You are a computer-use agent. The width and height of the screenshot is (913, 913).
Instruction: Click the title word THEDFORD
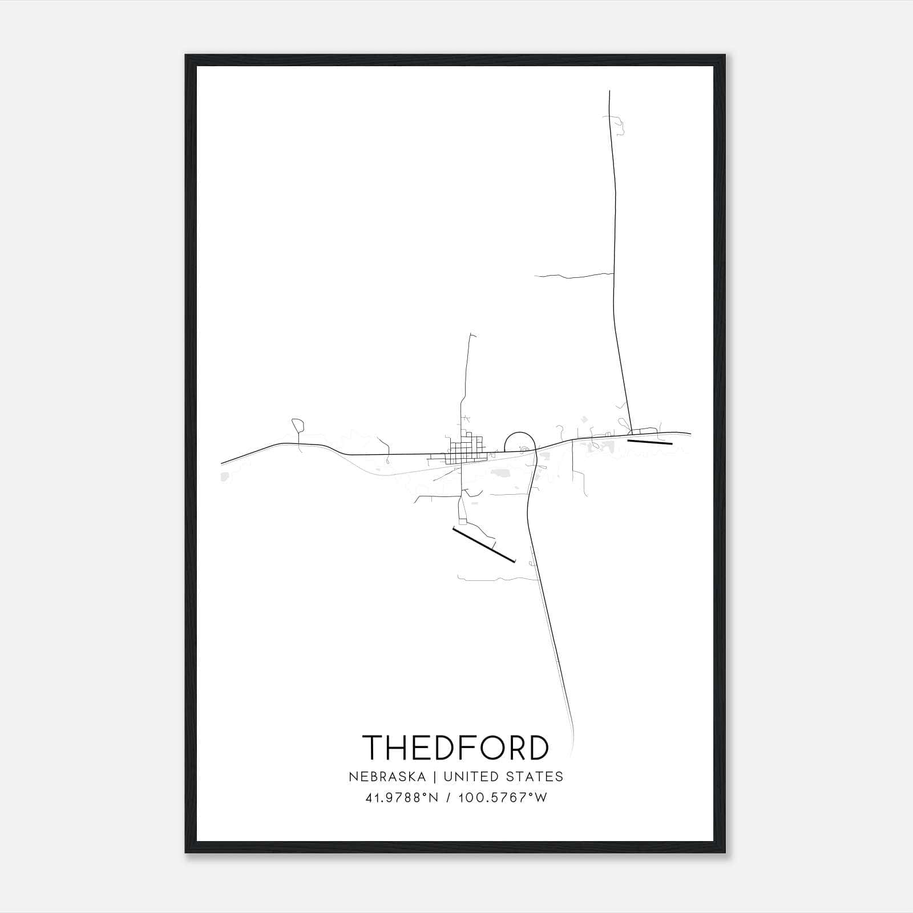455,748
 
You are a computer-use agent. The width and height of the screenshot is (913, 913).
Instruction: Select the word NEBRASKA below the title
387,777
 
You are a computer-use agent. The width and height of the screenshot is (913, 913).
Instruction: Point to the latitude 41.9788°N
402,798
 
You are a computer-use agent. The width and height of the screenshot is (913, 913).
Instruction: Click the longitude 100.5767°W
503,798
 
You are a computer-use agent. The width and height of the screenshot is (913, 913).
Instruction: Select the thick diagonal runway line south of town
484,544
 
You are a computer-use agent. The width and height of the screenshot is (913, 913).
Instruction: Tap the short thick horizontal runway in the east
650,442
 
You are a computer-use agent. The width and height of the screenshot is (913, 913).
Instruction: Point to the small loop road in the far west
297,425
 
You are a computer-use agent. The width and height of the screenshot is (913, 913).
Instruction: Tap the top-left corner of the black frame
186,56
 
